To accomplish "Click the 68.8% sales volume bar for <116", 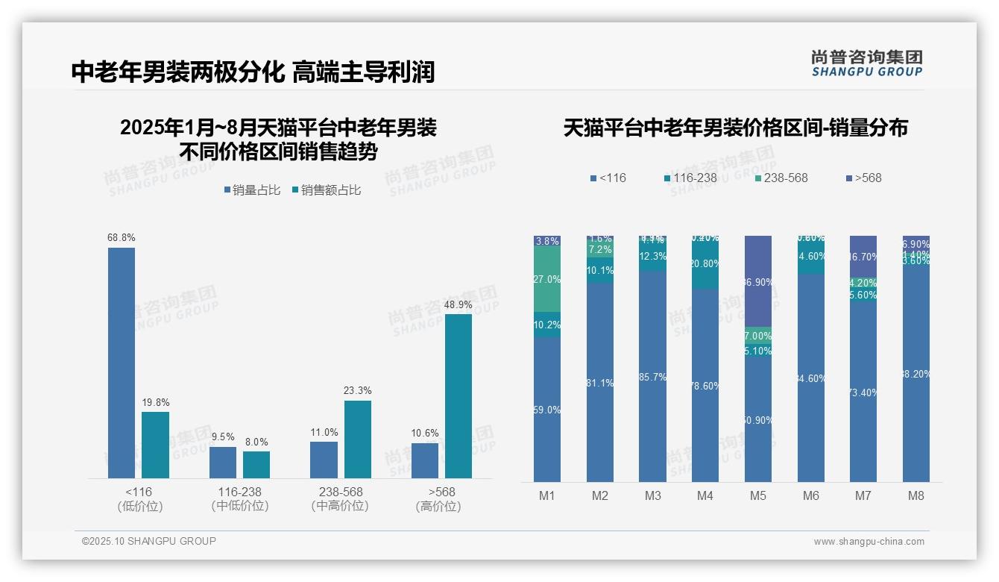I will tap(122, 363).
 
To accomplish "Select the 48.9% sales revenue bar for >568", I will tap(458, 395).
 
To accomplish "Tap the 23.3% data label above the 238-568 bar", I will tap(358, 390).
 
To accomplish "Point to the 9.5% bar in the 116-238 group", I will tap(223, 463).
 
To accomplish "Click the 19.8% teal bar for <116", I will tap(155, 445).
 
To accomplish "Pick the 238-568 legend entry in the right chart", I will tap(781, 178).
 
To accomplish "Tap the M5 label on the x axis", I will tap(758, 495).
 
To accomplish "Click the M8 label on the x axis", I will tap(916, 495).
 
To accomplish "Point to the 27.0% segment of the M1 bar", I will tap(547, 279).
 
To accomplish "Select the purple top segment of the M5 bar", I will tap(758, 281).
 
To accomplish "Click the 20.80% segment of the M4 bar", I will tap(705, 264).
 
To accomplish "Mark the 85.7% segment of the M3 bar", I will tap(652, 376).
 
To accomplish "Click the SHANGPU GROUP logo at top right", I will tap(867, 63).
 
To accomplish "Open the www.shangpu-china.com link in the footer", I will tap(869, 542).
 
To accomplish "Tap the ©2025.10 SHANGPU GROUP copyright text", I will tap(149, 541).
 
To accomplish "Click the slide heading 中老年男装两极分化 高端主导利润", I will tap(253, 72).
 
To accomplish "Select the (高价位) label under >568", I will tap(438, 506).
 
